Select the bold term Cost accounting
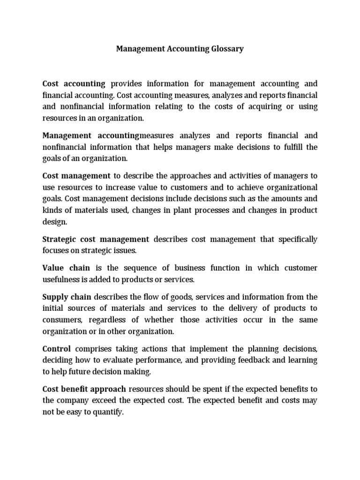(x=74, y=84)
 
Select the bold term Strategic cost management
(x=96, y=240)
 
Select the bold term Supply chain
(x=67, y=297)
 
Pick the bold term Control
(x=57, y=349)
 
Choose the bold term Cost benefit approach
(x=84, y=389)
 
